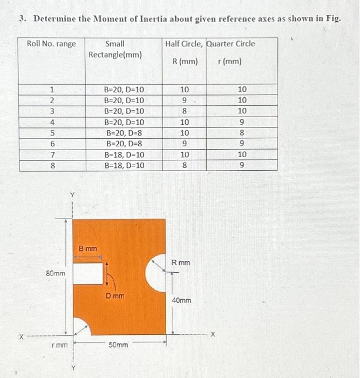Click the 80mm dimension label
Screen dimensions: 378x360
(x=56, y=274)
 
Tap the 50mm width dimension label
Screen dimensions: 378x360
(x=119, y=344)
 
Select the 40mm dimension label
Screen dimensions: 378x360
(x=181, y=300)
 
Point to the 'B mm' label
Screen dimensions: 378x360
(x=88, y=249)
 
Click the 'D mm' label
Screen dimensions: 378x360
(x=115, y=296)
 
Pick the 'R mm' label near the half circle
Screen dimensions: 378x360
(x=181, y=262)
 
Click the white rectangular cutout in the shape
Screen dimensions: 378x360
(x=87, y=274)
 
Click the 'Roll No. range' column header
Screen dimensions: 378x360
(x=52, y=44)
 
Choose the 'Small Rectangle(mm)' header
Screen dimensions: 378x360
(x=115, y=49)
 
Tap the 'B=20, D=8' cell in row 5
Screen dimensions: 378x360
(x=124, y=133)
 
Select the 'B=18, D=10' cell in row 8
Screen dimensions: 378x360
(x=124, y=165)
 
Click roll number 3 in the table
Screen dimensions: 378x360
(x=52, y=111)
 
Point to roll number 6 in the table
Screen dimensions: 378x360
(x=52, y=144)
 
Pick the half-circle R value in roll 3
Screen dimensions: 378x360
(x=185, y=111)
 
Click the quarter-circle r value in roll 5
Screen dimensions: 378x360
(x=242, y=133)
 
